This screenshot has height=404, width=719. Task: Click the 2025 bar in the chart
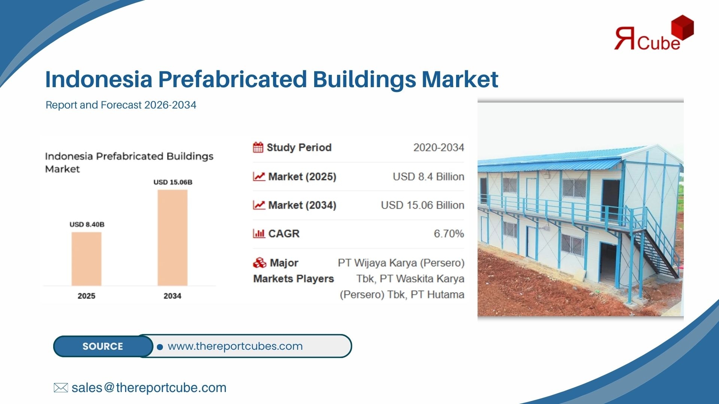[x=87, y=259]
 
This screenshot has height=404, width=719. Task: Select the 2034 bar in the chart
[x=173, y=238]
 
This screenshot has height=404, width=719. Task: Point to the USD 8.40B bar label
[x=87, y=224]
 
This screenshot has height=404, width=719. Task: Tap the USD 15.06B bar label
[x=173, y=182]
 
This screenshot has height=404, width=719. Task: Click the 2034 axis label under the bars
[x=172, y=296]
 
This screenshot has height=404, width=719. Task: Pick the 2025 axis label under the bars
[x=87, y=296]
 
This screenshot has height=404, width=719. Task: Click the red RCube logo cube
[x=682, y=27]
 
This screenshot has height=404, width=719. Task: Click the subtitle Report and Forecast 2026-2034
[x=121, y=105]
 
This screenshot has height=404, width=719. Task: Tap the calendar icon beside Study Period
[x=258, y=147]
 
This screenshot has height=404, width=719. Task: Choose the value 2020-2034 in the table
[x=439, y=147]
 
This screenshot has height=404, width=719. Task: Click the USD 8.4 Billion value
[x=428, y=177]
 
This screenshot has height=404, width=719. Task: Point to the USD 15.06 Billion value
[x=422, y=205]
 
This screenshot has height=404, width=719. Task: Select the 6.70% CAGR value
[x=449, y=234]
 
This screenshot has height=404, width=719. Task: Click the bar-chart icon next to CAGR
[x=259, y=234]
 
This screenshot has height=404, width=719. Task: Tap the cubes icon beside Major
[x=260, y=263]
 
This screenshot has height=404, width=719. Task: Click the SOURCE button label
[x=103, y=346]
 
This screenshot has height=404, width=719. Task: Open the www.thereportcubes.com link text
[x=235, y=346]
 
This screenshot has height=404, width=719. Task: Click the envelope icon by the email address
[x=61, y=388]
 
